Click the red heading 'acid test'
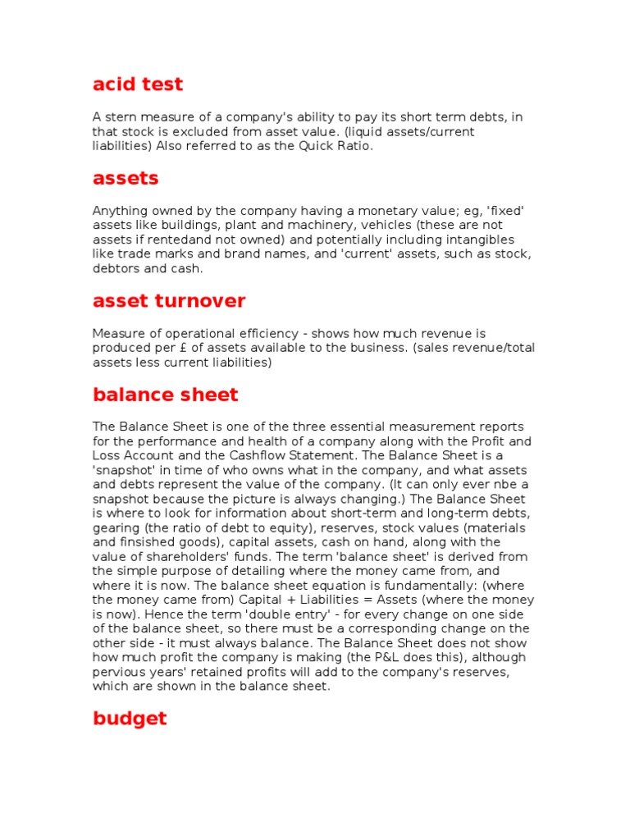coord(138,84)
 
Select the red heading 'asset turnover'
coord(169,301)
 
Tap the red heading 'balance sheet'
coord(165,395)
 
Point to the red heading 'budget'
coord(130,719)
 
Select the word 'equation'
coord(351,586)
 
